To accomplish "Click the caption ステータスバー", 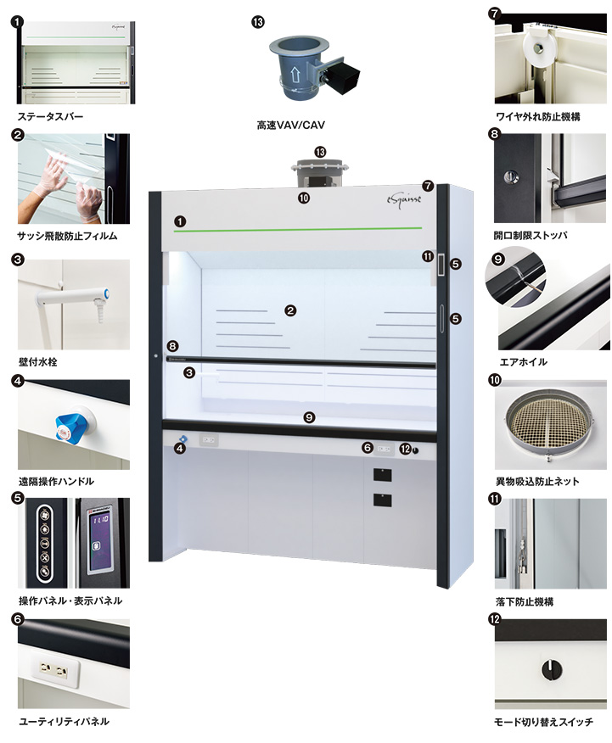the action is tap(50, 116).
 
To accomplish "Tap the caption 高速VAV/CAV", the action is tap(290, 125).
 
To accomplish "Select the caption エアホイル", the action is tap(524, 362).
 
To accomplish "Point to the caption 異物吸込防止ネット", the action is tap(537, 482).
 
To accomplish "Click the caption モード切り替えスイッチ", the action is tap(543, 722).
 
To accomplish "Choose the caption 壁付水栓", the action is tap(38, 362).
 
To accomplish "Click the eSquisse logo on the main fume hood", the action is tap(403, 200).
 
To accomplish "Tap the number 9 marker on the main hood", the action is tap(309, 417).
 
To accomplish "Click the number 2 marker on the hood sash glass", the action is tap(290, 310).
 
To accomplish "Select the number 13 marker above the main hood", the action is tap(320, 152).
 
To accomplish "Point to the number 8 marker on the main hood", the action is tap(172, 346).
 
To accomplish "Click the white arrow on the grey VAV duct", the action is tap(295, 74).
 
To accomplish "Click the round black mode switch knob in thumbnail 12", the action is tap(552, 669).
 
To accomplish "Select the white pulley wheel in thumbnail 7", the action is tap(538, 47).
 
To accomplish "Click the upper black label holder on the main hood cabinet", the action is tap(382, 475).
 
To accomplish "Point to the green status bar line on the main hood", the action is tap(298, 229).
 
